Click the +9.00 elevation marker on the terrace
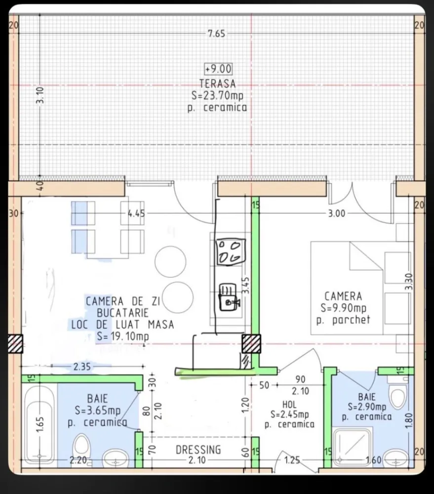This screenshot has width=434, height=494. pyautogui.click(x=218, y=70)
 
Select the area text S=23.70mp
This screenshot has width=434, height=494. pyautogui.click(x=217, y=95)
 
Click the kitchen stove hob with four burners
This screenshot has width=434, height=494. pyautogui.click(x=230, y=251)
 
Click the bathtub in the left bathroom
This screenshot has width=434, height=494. pyautogui.click(x=39, y=424)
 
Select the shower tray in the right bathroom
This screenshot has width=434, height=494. pyautogui.click(x=353, y=447)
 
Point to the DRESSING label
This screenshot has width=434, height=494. pyautogui.click(x=198, y=450)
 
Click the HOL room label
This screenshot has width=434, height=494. pyautogui.click(x=290, y=405)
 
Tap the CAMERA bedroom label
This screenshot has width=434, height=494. pyautogui.click(x=343, y=296)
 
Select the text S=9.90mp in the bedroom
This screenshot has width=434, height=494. pyautogui.click(x=343, y=308)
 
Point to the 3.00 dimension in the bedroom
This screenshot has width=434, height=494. pyautogui.click(x=337, y=214)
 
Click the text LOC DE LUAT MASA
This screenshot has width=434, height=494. pyautogui.click(x=122, y=325)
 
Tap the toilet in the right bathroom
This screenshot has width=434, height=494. pyautogui.click(x=397, y=396)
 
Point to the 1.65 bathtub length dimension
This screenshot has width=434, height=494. pyautogui.click(x=41, y=423)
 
